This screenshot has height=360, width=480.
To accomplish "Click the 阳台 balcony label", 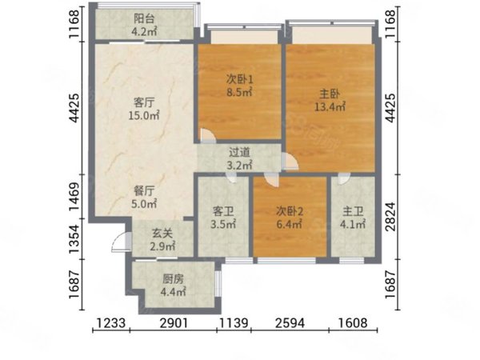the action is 144,18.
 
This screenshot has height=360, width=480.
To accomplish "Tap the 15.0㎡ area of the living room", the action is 144,115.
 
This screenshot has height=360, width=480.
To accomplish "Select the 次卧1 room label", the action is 240,80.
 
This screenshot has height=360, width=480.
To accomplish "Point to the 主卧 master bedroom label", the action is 330,94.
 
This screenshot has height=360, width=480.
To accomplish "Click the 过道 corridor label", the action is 240,152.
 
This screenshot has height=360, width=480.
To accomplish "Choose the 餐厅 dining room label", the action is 144,191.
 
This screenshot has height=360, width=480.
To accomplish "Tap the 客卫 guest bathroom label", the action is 223,211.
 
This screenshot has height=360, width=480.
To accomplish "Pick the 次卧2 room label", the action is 290,211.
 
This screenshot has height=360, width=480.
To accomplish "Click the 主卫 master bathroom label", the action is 353,211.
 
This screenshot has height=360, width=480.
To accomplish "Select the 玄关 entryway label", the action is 162,234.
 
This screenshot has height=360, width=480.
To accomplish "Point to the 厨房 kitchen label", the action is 174,279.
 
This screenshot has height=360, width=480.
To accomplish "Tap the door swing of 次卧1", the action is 207,136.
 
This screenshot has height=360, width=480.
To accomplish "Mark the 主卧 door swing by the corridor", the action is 290,161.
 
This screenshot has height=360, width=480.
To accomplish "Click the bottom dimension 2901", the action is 174,322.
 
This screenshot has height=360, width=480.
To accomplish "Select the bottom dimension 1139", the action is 234,322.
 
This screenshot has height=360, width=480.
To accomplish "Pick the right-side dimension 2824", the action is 390,216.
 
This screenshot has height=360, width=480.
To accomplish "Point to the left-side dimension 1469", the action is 75,197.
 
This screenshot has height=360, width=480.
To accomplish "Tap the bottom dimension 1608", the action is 353,322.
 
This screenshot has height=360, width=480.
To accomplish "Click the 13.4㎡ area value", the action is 330,107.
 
